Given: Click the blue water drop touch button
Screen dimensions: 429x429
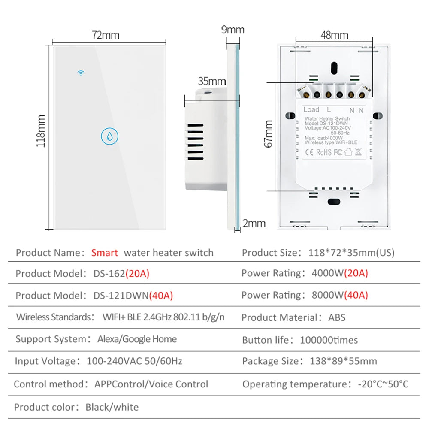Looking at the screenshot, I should point(109,136).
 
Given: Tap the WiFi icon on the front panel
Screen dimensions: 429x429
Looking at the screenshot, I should point(80,73).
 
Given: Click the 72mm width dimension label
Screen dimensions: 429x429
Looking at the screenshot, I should point(106,35).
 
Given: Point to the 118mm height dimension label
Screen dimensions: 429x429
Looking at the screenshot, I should point(41,131).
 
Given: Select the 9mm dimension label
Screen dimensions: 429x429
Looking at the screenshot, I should point(233,30).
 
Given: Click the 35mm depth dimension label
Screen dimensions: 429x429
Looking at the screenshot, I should point(212,81).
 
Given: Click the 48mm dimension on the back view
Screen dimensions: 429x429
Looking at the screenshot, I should point(334,35).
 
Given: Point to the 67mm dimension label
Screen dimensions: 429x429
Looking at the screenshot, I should point(269,134).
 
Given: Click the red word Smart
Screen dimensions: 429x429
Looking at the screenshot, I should point(104,253).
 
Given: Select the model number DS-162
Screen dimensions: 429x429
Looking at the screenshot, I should point(109,274).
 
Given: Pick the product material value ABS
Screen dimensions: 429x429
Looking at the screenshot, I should point(337,318).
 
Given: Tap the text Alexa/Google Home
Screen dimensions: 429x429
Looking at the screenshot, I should point(137,339).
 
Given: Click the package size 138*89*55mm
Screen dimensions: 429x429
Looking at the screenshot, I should point(343,361).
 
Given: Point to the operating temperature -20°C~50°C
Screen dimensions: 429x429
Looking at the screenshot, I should point(383,384).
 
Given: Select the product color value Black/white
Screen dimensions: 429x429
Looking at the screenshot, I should point(112,407).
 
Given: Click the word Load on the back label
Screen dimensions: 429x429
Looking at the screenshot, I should point(311,110).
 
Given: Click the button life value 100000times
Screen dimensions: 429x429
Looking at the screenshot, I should point(329,340).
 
